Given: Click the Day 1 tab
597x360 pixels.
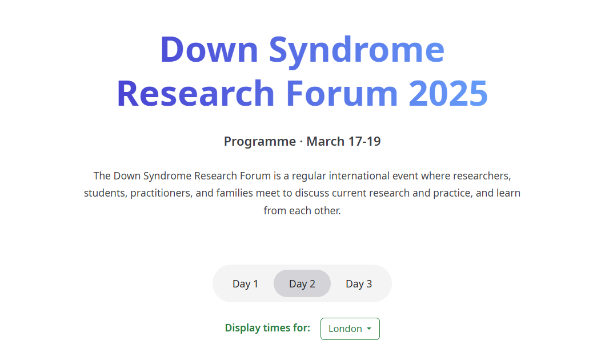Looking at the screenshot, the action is (245, 284).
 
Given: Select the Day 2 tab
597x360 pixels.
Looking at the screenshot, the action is (302, 284).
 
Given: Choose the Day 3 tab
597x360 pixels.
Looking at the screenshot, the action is (359, 284).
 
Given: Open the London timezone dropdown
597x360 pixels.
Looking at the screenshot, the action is (350, 329).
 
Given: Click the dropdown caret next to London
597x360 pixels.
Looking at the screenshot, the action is (369, 329).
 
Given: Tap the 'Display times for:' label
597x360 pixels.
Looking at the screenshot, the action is (267, 328).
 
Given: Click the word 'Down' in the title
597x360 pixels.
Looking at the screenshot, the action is (210, 50).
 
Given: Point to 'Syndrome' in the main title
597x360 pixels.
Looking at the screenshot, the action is (356, 51).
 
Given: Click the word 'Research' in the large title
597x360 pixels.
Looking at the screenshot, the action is (196, 93).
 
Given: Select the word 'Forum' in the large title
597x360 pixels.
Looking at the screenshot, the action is (342, 93).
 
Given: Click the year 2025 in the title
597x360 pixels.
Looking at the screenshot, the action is (448, 93).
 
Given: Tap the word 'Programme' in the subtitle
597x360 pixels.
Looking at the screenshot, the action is (260, 142).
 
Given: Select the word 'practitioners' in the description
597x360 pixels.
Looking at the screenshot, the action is (162, 193).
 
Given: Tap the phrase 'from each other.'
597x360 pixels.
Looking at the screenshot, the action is (302, 210).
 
